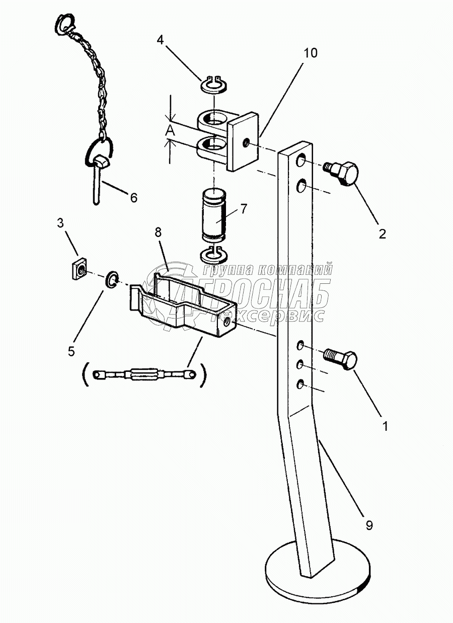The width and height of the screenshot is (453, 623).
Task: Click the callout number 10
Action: coord(311,53)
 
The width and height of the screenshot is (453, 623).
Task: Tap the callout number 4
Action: coord(160,40)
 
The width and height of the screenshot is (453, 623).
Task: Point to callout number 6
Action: coord(134,198)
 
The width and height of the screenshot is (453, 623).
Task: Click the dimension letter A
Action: coord(170,130)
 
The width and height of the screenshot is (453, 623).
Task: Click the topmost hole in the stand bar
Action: coord(300,161)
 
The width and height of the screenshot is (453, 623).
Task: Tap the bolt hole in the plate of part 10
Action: coord(246,143)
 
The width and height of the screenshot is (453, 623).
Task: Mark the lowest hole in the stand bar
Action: coord(300,384)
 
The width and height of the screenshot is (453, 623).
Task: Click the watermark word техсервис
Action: coord(268,315)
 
